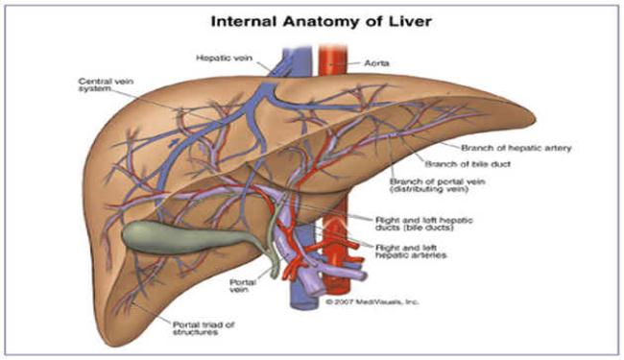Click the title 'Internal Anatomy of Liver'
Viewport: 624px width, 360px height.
(x=322, y=21)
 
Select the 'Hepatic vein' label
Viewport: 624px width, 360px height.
(x=224, y=58)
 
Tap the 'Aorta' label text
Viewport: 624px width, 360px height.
(x=376, y=63)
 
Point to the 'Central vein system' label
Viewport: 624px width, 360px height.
(x=106, y=85)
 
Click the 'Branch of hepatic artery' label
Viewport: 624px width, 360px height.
(x=516, y=148)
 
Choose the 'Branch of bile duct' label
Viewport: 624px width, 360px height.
(x=468, y=164)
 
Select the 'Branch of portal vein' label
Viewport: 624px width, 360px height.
(x=438, y=185)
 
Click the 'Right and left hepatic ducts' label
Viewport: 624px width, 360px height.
(x=424, y=224)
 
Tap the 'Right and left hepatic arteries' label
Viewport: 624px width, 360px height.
(x=411, y=252)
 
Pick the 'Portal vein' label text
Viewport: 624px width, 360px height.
(x=243, y=286)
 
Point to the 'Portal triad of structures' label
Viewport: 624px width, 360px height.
(x=204, y=328)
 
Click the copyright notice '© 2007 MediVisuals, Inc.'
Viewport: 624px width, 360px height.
(x=372, y=302)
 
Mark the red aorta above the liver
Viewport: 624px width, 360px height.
(x=333, y=60)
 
